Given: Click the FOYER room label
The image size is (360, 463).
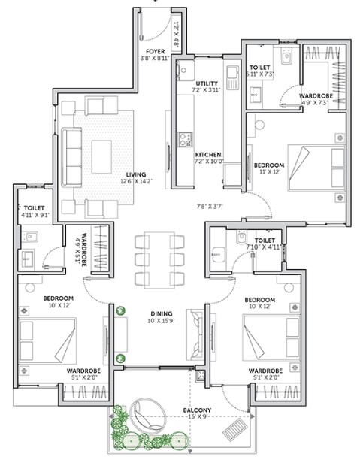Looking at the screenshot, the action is coord(155,52).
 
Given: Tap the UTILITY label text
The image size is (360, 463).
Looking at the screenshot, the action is coord(207,83).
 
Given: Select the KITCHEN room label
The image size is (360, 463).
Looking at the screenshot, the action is coord(208,155).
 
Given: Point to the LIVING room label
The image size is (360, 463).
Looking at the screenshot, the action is coord(136,174).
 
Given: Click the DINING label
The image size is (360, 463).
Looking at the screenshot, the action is coord(162,314).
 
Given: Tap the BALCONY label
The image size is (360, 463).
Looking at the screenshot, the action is coord(197,410).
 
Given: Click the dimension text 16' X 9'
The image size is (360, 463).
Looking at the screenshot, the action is coord(197,417).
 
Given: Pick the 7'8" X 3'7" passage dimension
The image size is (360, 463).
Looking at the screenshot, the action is coord(210,207).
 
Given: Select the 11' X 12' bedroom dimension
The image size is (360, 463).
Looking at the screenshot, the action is coord(269,171).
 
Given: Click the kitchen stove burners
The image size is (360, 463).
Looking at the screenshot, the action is coord(185,139).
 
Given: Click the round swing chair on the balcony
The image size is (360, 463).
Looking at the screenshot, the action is coord(147,415).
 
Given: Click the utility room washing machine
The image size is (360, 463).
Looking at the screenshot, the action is coord(185,70).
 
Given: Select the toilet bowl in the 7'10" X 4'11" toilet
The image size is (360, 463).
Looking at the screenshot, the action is coord(241,237).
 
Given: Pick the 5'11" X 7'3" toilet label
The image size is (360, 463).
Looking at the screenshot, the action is coord(260,71).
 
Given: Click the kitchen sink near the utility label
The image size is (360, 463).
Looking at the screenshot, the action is coord(232,77).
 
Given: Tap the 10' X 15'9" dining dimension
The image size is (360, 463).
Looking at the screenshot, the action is coord(162,321).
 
